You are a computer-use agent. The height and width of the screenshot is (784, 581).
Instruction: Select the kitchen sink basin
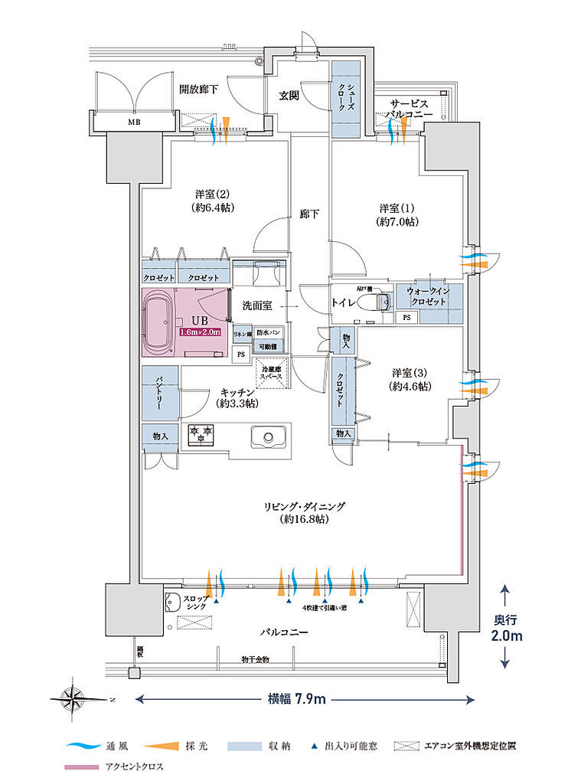(x=267, y=438)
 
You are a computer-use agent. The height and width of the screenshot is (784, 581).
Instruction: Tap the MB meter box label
(x=133, y=121)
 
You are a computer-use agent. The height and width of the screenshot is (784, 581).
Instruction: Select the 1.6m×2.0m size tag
(x=201, y=332)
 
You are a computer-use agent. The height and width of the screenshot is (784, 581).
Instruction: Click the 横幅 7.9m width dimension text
(x=297, y=699)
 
